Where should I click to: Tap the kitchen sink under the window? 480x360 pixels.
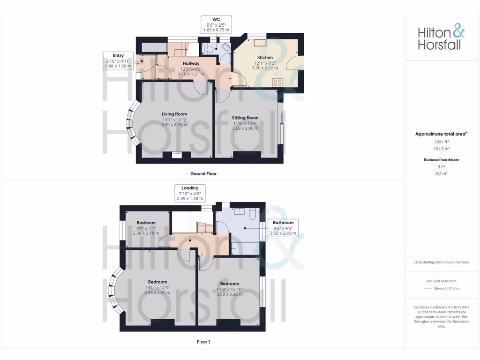pyautogui.click(x=258, y=42)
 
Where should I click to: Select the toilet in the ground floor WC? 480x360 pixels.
pyautogui.click(x=206, y=48)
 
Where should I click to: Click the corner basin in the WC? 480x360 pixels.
pyautogui.click(x=226, y=47)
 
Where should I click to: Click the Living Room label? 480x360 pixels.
pyautogui.click(x=174, y=114)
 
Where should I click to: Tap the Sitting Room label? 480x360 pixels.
pyautogui.click(x=245, y=118)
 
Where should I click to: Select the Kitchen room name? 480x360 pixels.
pyautogui.click(x=265, y=57)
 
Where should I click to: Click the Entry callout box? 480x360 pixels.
pyautogui.click(x=118, y=61)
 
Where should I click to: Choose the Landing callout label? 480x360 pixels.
pyautogui.click(x=190, y=193)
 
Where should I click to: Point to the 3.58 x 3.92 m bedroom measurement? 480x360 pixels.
pyautogui.click(x=229, y=294)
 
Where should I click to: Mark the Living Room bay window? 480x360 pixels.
pyautogui.click(x=132, y=123)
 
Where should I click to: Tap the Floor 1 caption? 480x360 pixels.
pyautogui.click(x=203, y=342)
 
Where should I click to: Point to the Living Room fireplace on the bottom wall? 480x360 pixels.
pyautogui.click(x=176, y=153)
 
